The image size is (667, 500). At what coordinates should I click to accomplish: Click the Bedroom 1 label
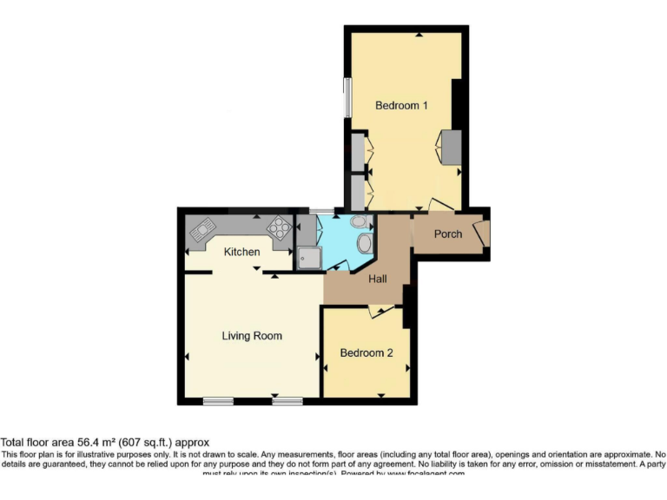pyautogui.click(x=401, y=106)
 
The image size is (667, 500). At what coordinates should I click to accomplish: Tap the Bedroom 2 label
pyautogui.click(x=366, y=353)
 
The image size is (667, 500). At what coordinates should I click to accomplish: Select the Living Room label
pyautogui.click(x=252, y=336)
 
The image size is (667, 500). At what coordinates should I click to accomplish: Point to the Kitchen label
pyautogui.click(x=242, y=253)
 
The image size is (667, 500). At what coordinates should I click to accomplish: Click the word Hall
pyautogui.click(x=378, y=280)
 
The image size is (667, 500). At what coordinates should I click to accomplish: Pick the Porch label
pyautogui.click(x=448, y=234)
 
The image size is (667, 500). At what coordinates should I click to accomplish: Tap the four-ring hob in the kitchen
pyautogui.click(x=280, y=227)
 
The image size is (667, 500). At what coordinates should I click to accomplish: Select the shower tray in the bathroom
pyautogui.click(x=307, y=257)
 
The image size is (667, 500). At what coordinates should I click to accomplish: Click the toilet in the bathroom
pyautogui.click(x=364, y=242)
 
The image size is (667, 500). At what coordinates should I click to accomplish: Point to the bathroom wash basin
pyautogui.click(x=359, y=222)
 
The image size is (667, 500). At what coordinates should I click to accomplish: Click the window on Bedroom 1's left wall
pyautogui.click(x=347, y=97)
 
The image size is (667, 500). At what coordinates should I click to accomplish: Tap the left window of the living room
pyautogui.click(x=218, y=401)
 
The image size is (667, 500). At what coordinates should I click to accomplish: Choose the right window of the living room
pyautogui.click(x=287, y=401)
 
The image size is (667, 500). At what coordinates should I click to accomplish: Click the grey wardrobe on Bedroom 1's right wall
pyautogui.click(x=452, y=146)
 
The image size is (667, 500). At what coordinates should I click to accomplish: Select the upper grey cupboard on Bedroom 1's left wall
pyautogui.click(x=357, y=150)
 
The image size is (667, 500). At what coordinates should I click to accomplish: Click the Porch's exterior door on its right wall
pyautogui.click(x=487, y=233)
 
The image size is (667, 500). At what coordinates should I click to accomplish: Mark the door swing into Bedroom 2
pyautogui.click(x=374, y=311)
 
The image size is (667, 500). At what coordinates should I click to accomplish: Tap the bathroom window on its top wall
pyautogui.click(x=322, y=211)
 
